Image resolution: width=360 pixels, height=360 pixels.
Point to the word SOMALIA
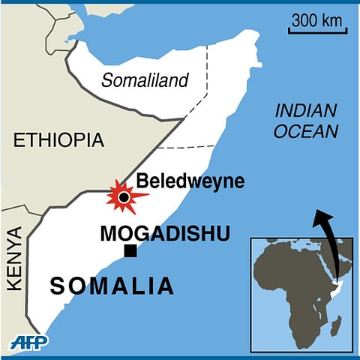click(112, 286)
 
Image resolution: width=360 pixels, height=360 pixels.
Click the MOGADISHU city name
click(165, 233)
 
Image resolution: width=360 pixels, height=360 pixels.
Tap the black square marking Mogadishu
click(131, 251)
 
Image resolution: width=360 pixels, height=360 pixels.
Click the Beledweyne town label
click(179, 181)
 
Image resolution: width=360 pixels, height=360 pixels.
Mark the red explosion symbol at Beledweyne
click(124, 197)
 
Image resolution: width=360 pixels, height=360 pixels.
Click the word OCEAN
click(306, 132)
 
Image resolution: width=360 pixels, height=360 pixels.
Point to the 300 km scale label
click(314, 19)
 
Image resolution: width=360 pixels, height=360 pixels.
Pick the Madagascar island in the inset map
click(337, 325)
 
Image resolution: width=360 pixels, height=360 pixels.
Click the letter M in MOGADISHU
click(108, 233)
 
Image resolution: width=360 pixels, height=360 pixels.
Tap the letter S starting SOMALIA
click(58, 286)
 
